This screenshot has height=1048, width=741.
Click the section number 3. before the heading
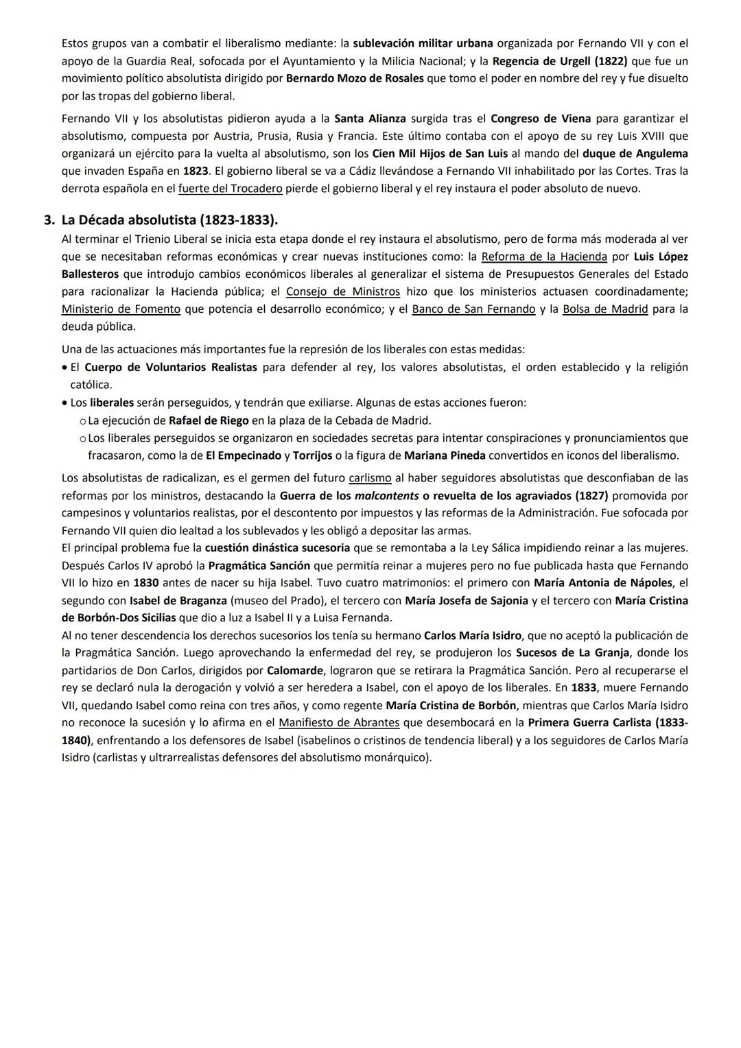click(49, 220)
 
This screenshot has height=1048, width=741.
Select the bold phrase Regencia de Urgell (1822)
click(560, 61)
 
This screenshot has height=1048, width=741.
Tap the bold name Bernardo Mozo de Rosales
click(355, 78)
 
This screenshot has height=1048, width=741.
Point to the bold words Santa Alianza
click(370, 119)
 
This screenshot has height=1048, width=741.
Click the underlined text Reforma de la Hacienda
click(544, 257)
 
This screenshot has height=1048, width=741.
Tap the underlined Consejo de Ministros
click(342, 291)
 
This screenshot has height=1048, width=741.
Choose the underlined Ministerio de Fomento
click(121, 309)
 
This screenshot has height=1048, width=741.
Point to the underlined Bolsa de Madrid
click(605, 309)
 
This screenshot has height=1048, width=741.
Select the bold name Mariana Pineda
click(445, 455)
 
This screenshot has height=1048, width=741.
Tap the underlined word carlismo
click(370, 478)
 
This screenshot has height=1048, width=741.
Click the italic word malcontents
click(386, 495)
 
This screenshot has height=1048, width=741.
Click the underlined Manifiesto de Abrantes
click(339, 722)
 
